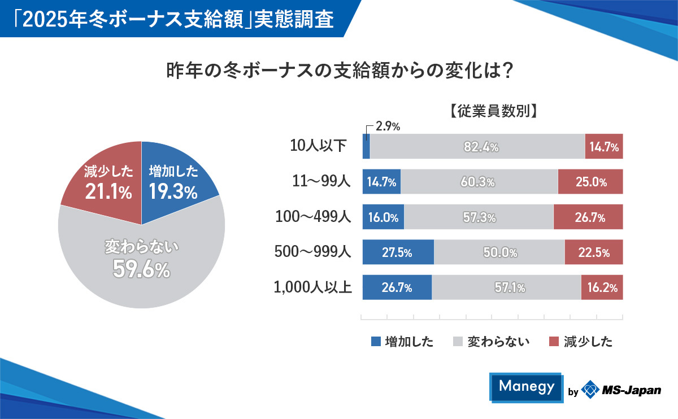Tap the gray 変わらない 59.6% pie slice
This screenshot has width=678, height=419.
coord(141,260)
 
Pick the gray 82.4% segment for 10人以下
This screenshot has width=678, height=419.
coord(477,147)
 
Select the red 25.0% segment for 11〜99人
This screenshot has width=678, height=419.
coord(590,182)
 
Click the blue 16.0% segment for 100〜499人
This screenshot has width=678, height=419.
coord(383,217)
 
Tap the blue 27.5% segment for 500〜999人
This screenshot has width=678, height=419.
coord(397,252)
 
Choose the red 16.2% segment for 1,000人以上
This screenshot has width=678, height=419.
coord(602,287)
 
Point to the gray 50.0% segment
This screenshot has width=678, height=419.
coord(499,252)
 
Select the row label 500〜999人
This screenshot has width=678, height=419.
coord(312,252)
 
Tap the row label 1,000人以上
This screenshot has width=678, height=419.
coord(312,287)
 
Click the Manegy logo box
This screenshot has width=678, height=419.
coord(527,387)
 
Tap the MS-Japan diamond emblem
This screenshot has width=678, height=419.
coord(590,390)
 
